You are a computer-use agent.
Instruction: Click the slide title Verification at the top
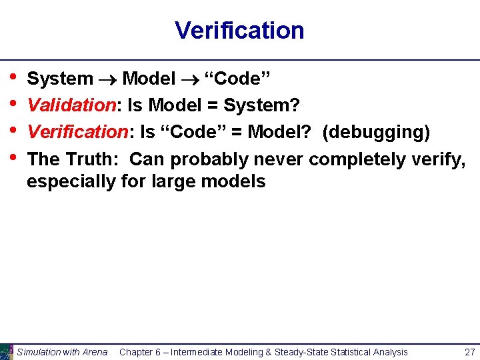239,31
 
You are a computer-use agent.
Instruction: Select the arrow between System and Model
108,79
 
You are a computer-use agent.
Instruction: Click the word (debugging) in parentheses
376,133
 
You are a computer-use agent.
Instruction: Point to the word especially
71,181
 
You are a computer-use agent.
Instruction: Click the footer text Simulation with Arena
62,352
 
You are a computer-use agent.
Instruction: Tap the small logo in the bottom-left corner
7,351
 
